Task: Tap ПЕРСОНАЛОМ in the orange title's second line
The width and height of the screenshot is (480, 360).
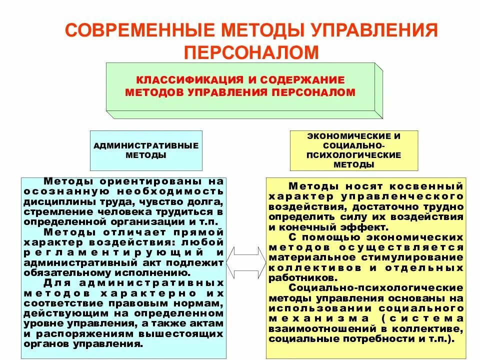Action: (251, 52)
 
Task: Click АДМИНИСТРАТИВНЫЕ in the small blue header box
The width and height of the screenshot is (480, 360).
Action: (146, 145)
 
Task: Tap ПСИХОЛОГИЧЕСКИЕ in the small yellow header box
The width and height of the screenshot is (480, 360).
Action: (354, 154)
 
